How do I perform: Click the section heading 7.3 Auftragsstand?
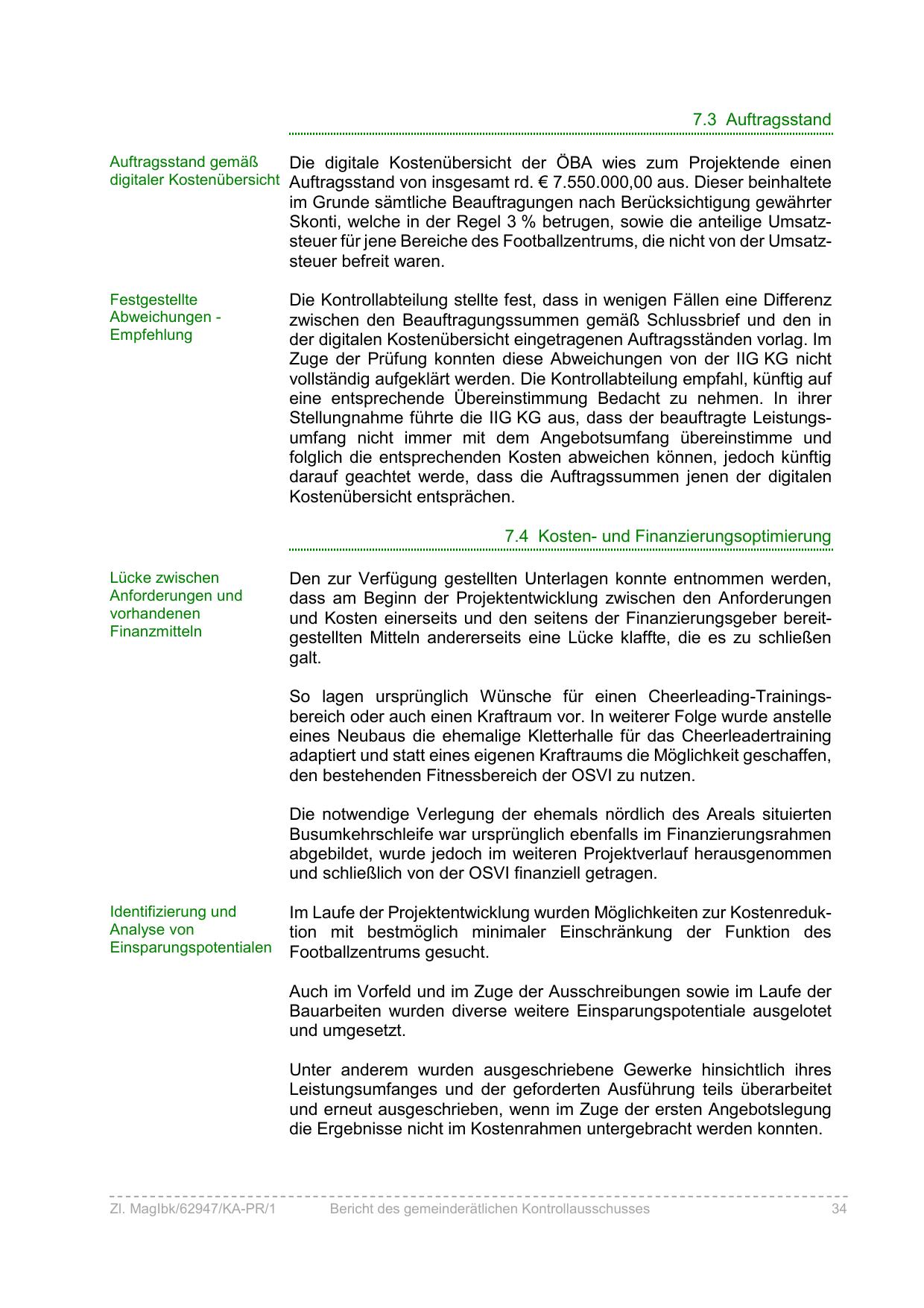tap(762, 119)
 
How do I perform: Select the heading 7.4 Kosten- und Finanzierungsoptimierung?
tap(668, 536)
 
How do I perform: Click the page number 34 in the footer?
tap(839, 1209)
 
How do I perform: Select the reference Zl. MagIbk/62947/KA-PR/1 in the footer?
tap(192, 1209)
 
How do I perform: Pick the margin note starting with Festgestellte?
tap(165, 317)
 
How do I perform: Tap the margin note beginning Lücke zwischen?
tap(176, 604)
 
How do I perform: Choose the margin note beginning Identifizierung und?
tap(191, 929)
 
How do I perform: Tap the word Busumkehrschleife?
tap(361, 834)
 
